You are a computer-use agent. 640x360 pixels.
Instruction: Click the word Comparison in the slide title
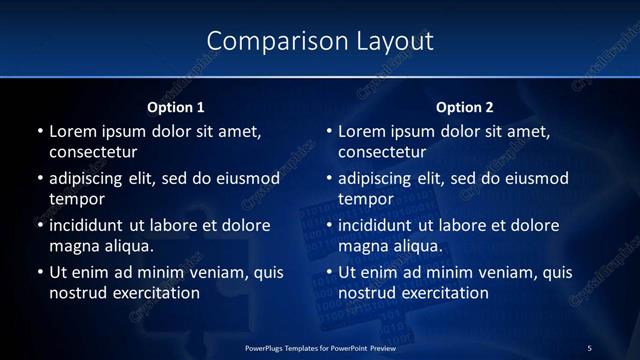click(267, 41)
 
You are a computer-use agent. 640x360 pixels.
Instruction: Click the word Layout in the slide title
click(396, 41)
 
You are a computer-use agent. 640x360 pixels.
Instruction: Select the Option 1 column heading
click(176, 107)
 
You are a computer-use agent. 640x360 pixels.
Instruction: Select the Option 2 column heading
click(465, 107)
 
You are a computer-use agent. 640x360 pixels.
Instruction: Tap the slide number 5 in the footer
click(589, 348)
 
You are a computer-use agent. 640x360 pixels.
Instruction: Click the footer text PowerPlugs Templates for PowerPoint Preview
click(320, 348)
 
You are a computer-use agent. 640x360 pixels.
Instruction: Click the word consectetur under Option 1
click(93, 152)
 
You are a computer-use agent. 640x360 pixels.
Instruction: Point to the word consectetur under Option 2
click(382, 152)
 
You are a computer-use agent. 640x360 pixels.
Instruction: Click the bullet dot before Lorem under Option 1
click(39, 132)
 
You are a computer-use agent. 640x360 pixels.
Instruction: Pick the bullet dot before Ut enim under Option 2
click(328, 273)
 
